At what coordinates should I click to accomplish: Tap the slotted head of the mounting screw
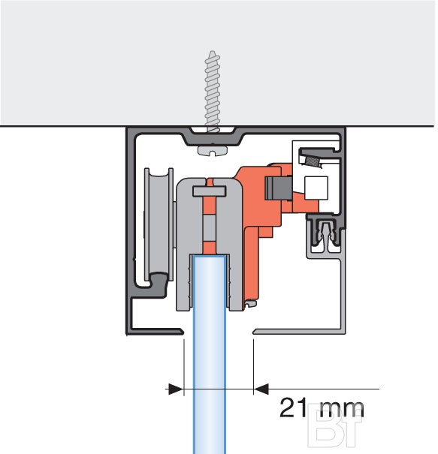[213, 151]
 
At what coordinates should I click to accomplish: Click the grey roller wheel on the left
[159, 224]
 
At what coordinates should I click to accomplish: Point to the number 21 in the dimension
[293, 407]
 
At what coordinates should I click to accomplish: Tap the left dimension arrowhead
[176, 389]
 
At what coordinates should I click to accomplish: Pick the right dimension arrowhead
[261, 389]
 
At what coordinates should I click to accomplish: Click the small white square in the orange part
[316, 188]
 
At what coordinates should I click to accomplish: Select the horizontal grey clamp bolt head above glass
[209, 191]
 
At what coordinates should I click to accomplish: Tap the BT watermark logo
[335, 425]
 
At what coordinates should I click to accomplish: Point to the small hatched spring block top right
[313, 161]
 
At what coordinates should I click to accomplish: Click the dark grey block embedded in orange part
[278, 188]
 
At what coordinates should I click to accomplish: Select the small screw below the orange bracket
[250, 304]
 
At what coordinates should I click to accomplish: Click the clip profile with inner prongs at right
[325, 232]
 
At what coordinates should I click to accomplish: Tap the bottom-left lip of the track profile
[154, 331]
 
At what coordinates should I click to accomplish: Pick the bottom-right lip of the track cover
[298, 331]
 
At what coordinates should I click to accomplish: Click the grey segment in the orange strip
[209, 228]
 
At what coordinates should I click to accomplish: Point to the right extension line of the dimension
[254, 367]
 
